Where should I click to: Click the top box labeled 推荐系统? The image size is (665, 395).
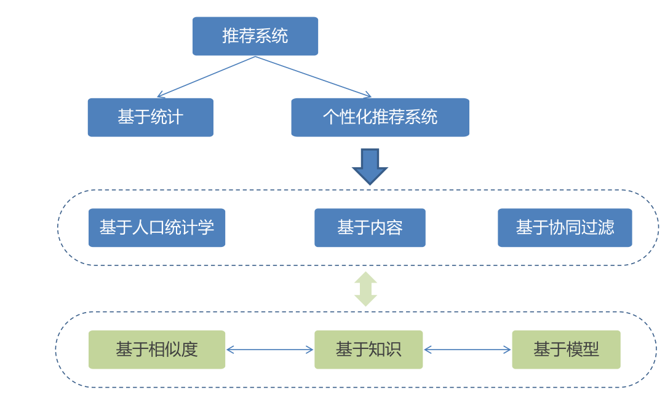click(x=255, y=36)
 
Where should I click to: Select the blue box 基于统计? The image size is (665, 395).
click(x=150, y=117)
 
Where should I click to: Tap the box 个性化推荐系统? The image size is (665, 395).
click(x=380, y=117)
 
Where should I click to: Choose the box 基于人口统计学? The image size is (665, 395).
click(x=156, y=227)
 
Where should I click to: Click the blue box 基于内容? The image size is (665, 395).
click(x=369, y=227)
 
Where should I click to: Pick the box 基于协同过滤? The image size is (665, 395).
click(x=564, y=227)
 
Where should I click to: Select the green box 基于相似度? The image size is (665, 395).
click(x=156, y=350)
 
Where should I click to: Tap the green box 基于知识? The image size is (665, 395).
click(x=368, y=350)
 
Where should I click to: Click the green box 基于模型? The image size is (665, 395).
click(x=565, y=350)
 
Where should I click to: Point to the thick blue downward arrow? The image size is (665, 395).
click(x=370, y=165)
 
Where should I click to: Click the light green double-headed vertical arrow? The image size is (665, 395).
click(x=365, y=289)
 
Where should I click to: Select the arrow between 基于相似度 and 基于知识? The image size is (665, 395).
click(x=269, y=350)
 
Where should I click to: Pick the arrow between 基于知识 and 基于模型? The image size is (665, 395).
click(x=467, y=350)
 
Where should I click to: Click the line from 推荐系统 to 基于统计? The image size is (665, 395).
click(x=206, y=77)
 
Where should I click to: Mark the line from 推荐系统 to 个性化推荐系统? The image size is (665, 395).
click(x=313, y=77)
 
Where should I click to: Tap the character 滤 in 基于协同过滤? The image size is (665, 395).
click(x=606, y=227)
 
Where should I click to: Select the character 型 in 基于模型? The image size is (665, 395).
click(x=591, y=350)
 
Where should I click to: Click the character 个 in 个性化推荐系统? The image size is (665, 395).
click(x=331, y=117)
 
